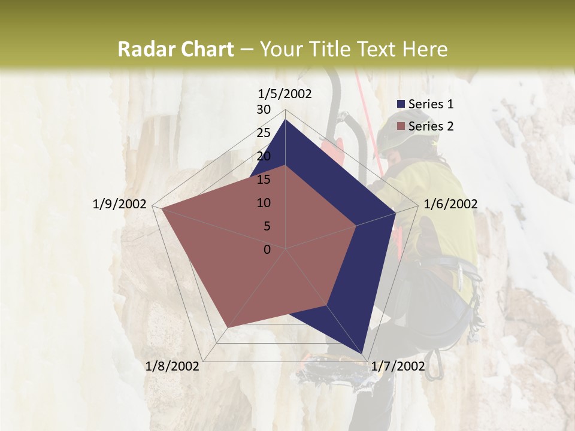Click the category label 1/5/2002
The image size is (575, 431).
tap(285, 93)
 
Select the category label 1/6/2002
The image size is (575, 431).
tap(450, 204)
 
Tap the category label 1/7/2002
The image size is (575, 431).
tap(398, 366)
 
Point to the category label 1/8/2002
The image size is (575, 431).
tap(172, 366)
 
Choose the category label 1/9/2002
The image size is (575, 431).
tap(119, 204)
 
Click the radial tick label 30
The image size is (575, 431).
tap(264, 110)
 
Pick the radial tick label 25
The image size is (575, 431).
tap(264, 133)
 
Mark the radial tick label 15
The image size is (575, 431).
tap(264, 180)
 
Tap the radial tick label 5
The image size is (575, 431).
tap(267, 226)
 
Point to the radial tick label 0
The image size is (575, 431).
tap(267, 250)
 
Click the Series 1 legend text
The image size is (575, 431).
tap(431, 104)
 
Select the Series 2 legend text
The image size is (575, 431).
tap(431, 126)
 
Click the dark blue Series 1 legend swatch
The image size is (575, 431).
tap(401, 104)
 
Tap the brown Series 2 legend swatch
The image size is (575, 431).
tap(401, 126)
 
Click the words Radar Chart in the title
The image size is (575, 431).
tap(175, 50)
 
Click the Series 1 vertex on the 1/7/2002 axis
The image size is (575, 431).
tap(362, 355)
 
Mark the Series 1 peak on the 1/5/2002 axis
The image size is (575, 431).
tap(285, 120)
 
